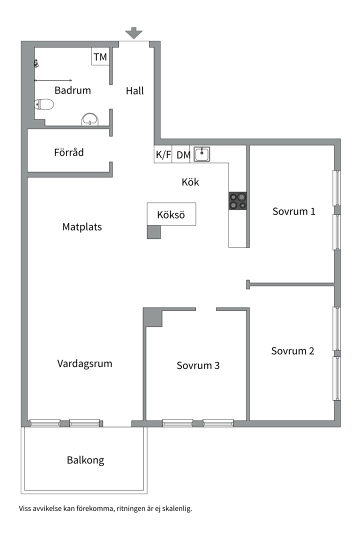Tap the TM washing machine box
point(100,57)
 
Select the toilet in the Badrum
point(44,104)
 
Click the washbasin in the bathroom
point(90,119)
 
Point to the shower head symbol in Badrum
point(36,63)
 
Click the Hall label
point(134,90)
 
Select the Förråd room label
point(69,152)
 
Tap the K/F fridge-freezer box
point(163,154)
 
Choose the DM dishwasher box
point(183,154)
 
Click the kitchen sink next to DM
point(201,154)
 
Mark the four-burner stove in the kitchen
point(238,200)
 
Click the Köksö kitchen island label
point(171,215)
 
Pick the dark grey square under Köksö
point(154,232)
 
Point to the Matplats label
point(82,227)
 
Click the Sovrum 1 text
point(294,211)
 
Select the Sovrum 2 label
point(293,351)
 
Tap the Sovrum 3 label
point(198,365)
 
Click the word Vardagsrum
point(84,363)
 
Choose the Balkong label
point(85,460)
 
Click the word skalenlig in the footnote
point(176,508)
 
